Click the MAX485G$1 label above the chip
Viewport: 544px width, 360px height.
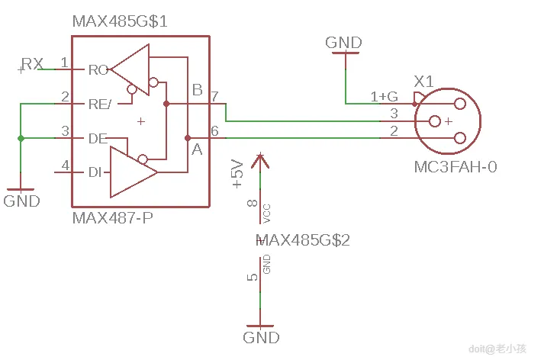click(x=120, y=21)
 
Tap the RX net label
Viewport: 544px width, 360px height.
click(x=32, y=64)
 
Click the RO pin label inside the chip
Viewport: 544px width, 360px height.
click(x=98, y=70)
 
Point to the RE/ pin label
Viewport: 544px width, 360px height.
click(x=100, y=104)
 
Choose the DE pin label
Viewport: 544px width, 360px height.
click(x=98, y=138)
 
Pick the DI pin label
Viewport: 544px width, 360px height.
click(x=95, y=172)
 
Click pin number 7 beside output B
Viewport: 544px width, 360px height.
click(x=215, y=97)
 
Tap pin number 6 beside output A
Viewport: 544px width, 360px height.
click(x=215, y=131)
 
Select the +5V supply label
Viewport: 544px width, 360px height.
click(x=237, y=174)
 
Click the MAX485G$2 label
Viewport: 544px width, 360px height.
click(x=304, y=240)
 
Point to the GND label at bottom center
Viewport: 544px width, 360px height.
click(x=261, y=337)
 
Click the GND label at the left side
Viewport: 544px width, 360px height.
click(x=21, y=201)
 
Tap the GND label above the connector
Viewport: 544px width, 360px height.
click(x=343, y=43)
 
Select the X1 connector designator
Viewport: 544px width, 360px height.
click(x=423, y=81)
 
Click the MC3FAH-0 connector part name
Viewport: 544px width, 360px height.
click(x=455, y=166)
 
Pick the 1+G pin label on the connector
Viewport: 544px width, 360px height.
click(x=384, y=97)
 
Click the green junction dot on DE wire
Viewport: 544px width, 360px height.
click(x=21, y=138)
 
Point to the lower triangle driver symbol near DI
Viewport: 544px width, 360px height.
click(x=130, y=172)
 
